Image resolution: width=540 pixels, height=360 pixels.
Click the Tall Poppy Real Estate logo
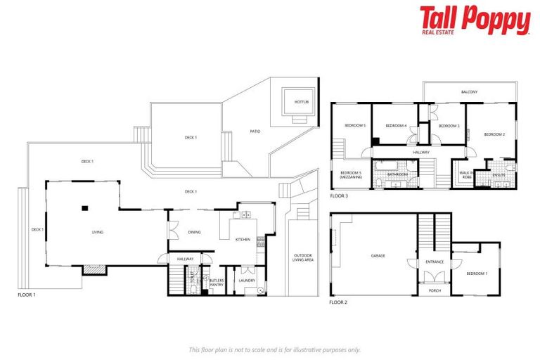[x=475, y=20]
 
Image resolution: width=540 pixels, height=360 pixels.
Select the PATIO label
[x=255, y=131]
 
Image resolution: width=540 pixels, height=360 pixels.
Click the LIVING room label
[x=98, y=232]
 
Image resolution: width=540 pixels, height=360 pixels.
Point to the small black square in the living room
[x=84, y=207]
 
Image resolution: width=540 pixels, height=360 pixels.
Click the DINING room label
[x=195, y=232]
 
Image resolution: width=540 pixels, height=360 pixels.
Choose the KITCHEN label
[x=243, y=240]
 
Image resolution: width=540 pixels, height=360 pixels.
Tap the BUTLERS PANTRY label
[x=216, y=282]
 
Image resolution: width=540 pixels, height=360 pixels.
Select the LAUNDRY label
[x=246, y=281]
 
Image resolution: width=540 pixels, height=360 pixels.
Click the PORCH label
[x=435, y=290]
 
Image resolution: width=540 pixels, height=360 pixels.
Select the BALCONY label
[x=469, y=92]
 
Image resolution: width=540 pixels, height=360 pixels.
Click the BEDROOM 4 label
[x=397, y=126]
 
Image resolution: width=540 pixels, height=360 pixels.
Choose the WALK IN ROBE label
[x=465, y=174]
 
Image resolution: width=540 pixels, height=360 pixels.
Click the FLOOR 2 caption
[x=338, y=302]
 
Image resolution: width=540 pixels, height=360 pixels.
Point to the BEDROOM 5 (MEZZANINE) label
[x=350, y=174]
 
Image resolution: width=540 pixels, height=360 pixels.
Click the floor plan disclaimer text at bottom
[x=275, y=349]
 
